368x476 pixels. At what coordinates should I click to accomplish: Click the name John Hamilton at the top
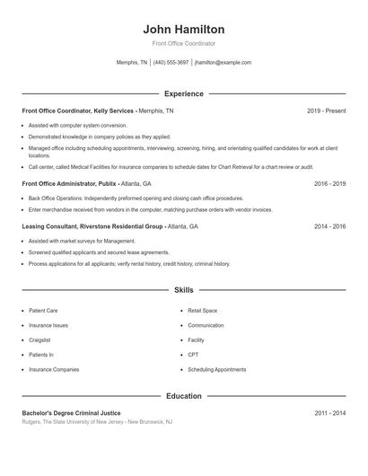click(x=183, y=29)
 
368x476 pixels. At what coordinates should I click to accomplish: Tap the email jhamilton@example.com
click(x=223, y=63)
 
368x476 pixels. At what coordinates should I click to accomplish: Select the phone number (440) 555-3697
click(x=171, y=63)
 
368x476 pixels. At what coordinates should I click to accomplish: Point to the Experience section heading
click(x=183, y=93)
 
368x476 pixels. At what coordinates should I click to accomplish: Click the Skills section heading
click(x=183, y=290)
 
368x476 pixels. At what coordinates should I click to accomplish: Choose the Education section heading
click(x=183, y=395)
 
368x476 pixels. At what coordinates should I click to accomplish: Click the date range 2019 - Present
click(x=326, y=110)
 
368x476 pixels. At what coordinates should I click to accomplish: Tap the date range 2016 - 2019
click(x=329, y=183)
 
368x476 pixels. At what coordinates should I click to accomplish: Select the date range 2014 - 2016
click(x=329, y=227)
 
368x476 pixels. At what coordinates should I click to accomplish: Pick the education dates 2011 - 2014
click(x=329, y=412)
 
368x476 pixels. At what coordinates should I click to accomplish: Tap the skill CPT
click(x=193, y=355)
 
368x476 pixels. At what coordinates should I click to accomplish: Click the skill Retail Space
click(x=202, y=311)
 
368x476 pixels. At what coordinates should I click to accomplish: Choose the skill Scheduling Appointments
click(x=216, y=369)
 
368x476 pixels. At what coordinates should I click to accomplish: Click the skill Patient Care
click(x=43, y=311)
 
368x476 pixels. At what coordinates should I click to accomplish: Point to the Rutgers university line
click(x=97, y=421)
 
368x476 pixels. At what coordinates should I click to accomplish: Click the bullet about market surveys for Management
click(x=82, y=242)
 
